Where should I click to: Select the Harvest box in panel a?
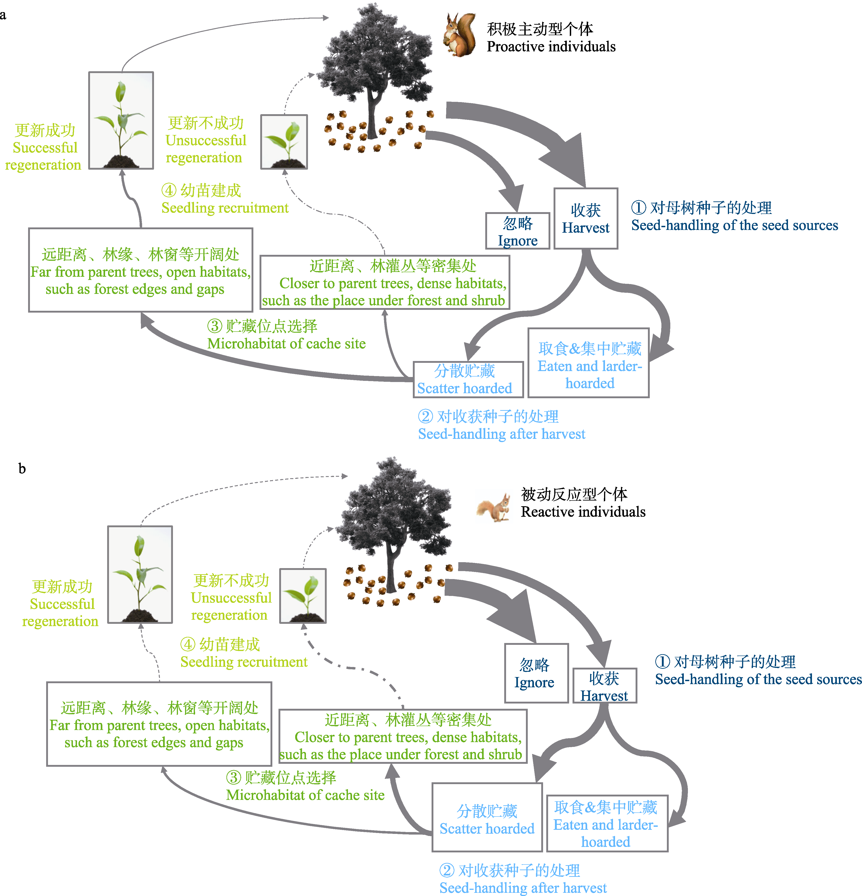click(586, 219)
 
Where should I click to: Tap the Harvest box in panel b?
click(605, 686)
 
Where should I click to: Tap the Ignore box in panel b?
click(536, 673)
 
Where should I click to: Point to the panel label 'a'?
click(3, 15)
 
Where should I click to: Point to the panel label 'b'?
click(21, 469)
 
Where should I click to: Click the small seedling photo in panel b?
click(303, 596)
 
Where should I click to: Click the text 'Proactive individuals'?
click(551, 47)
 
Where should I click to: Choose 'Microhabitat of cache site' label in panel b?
click(305, 795)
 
